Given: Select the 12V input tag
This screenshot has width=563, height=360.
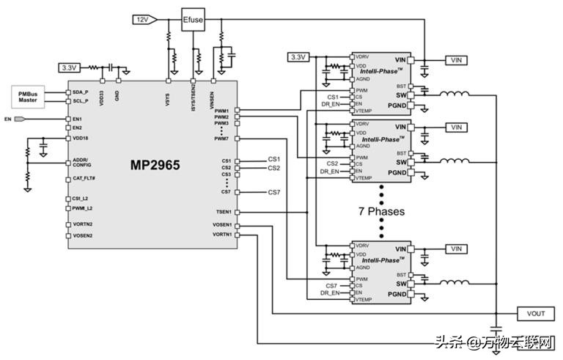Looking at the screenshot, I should [x=141, y=18].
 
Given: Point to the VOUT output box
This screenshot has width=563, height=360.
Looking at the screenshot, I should [x=536, y=313].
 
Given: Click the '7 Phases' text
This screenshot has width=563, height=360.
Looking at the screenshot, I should [x=381, y=211].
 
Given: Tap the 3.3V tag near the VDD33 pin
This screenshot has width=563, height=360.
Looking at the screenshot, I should [x=70, y=67].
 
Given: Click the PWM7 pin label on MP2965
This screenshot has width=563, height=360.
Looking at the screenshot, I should [x=222, y=138].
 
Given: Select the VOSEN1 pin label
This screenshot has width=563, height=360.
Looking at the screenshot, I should [x=221, y=224].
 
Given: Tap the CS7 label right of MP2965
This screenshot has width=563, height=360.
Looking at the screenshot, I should [x=273, y=192].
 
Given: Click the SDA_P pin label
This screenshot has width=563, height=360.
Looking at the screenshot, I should [x=80, y=92].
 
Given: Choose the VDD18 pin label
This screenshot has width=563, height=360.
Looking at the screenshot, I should [x=81, y=138].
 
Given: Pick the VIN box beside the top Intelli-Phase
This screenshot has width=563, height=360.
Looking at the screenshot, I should [x=457, y=59].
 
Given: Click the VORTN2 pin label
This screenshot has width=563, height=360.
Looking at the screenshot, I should [x=82, y=224].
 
